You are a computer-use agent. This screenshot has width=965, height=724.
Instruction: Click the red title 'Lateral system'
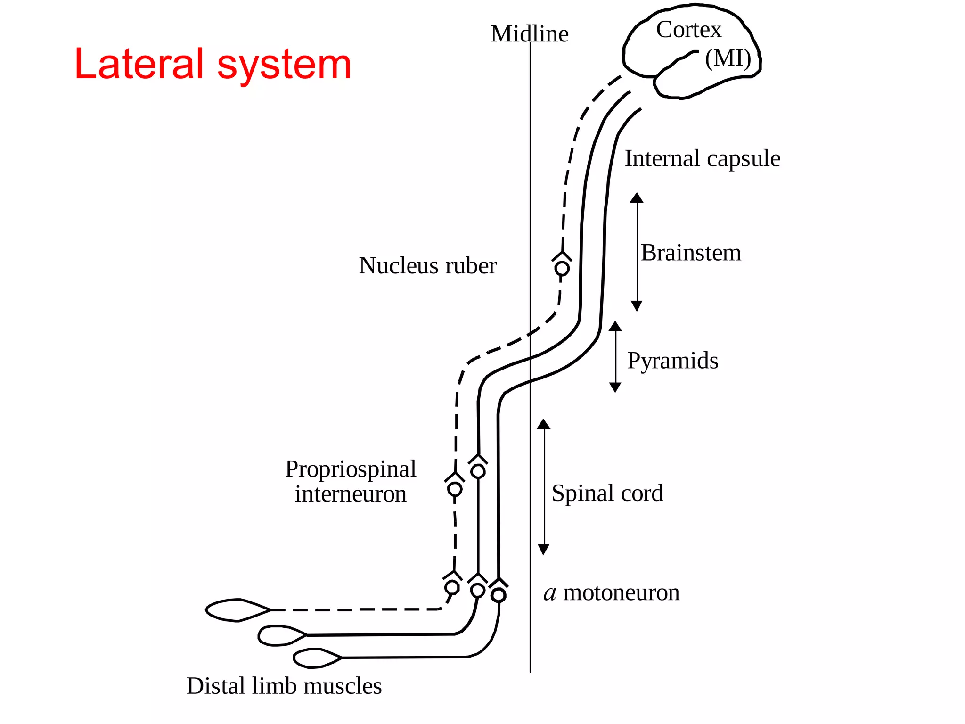[x=213, y=64]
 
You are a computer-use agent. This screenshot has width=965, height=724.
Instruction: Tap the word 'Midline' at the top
[x=529, y=34]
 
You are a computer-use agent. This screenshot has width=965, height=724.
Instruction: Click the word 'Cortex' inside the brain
[x=688, y=30]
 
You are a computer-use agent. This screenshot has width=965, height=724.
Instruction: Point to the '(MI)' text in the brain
[x=728, y=58]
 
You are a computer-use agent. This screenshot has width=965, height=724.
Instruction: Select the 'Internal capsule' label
[x=702, y=158]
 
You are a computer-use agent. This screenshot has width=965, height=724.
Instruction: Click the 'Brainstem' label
[x=691, y=253]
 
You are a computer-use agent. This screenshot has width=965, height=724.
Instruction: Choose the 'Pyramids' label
[x=672, y=361]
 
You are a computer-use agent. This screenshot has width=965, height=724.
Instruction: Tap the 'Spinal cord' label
[x=607, y=493]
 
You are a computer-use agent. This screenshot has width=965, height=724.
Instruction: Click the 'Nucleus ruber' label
[x=427, y=265]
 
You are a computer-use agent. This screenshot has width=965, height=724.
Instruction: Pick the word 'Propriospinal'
[x=351, y=469]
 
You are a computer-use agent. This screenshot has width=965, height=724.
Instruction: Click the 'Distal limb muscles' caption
[x=284, y=686]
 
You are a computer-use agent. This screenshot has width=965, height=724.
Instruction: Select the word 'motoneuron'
[x=621, y=592]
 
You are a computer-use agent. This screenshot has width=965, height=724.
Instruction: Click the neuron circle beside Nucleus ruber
[x=562, y=269]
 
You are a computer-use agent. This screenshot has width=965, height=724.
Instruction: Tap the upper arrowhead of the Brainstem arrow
[x=637, y=197]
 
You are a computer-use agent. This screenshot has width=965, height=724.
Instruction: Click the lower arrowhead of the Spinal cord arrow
[x=543, y=550]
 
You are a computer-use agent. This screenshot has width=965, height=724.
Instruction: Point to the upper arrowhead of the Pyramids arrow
[x=615, y=326]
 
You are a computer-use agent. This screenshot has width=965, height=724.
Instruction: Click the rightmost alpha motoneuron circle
[x=499, y=595]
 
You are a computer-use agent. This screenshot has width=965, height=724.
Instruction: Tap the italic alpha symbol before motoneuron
[x=550, y=593]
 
